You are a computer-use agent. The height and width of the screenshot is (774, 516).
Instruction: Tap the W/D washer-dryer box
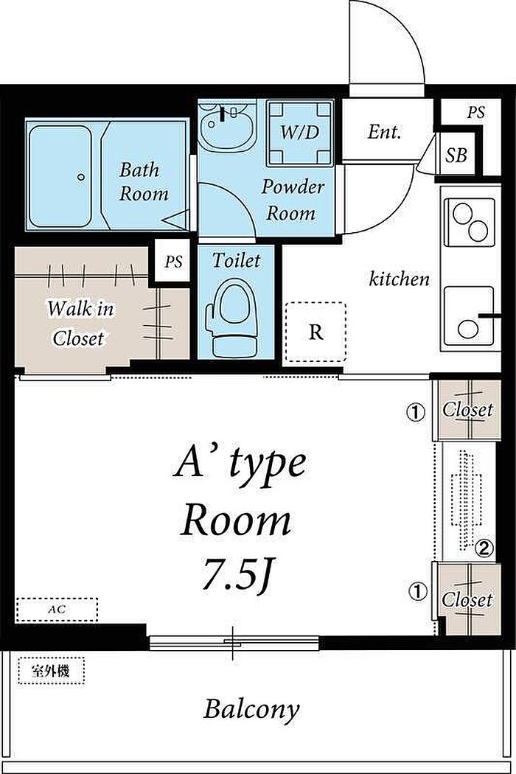pyautogui.click(x=300, y=133)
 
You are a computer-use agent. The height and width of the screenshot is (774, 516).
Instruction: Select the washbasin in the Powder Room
pyautogui.click(x=228, y=126)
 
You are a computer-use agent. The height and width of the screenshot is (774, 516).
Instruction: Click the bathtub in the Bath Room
pyautogui.click(x=60, y=175)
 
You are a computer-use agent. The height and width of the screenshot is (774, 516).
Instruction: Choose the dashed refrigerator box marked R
pyautogui.click(x=315, y=332)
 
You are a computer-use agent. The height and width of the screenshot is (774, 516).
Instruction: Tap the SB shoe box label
pyautogui.click(x=456, y=156)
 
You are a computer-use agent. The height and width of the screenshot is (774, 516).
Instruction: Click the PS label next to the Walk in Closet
pyautogui.click(x=172, y=262)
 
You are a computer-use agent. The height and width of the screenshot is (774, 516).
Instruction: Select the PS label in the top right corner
pyautogui.click(x=475, y=113)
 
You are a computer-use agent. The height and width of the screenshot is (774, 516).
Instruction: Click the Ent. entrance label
pyautogui.click(x=384, y=132)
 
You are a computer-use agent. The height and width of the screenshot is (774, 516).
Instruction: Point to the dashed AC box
pyautogui.click(x=57, y=610)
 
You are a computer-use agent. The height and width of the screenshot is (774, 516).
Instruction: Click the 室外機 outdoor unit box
pyautogui.click(x=52, y=671)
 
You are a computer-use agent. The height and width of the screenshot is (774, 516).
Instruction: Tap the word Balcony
pyautogui.click(x=252, y=710)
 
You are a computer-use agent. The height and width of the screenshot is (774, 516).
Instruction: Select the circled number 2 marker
pyautogui.click(x=484, y=548)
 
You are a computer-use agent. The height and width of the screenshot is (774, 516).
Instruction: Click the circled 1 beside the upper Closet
pyautogui.click(x=416, y=411)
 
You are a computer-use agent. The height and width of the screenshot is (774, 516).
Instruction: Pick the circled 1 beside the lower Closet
pyautogui.click(x=418, y=591)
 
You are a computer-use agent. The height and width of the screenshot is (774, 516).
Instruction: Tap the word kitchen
pyautogui.click(x=399, y=279)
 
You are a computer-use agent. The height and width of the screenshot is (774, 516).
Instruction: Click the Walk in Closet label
pyautogui.click(x=80, y=324)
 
